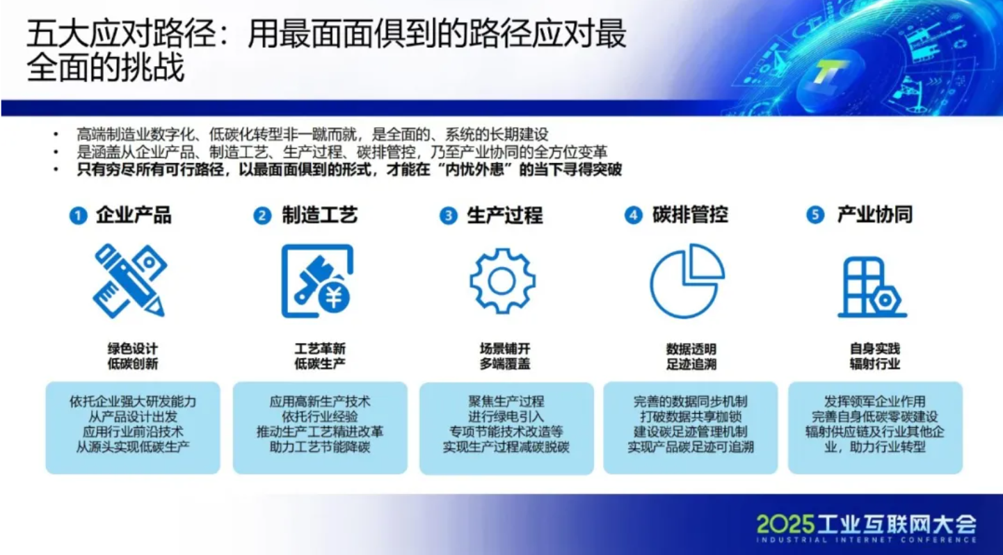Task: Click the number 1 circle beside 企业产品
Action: (78, 216)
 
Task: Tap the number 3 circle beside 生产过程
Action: (448, 216)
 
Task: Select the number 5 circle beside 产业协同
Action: (815, 216)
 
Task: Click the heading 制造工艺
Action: (320, 216)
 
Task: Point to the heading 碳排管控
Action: (690, 215)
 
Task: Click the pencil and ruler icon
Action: (130, 281)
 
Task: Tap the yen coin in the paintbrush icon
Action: (334, 297)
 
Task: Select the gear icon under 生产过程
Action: (502, 281)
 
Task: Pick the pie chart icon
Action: (687, 281)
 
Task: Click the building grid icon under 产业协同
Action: (872, 287)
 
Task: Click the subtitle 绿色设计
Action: (133, 348)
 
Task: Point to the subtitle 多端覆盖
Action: (505, 364)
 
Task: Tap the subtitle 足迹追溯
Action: (691, 364)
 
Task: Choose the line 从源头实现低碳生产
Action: (133, 447)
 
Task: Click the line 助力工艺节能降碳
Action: (320, 447)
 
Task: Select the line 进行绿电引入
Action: (506, 417)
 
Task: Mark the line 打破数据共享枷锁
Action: (691, 417)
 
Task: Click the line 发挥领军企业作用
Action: (875, 401)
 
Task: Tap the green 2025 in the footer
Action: (786, 524)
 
